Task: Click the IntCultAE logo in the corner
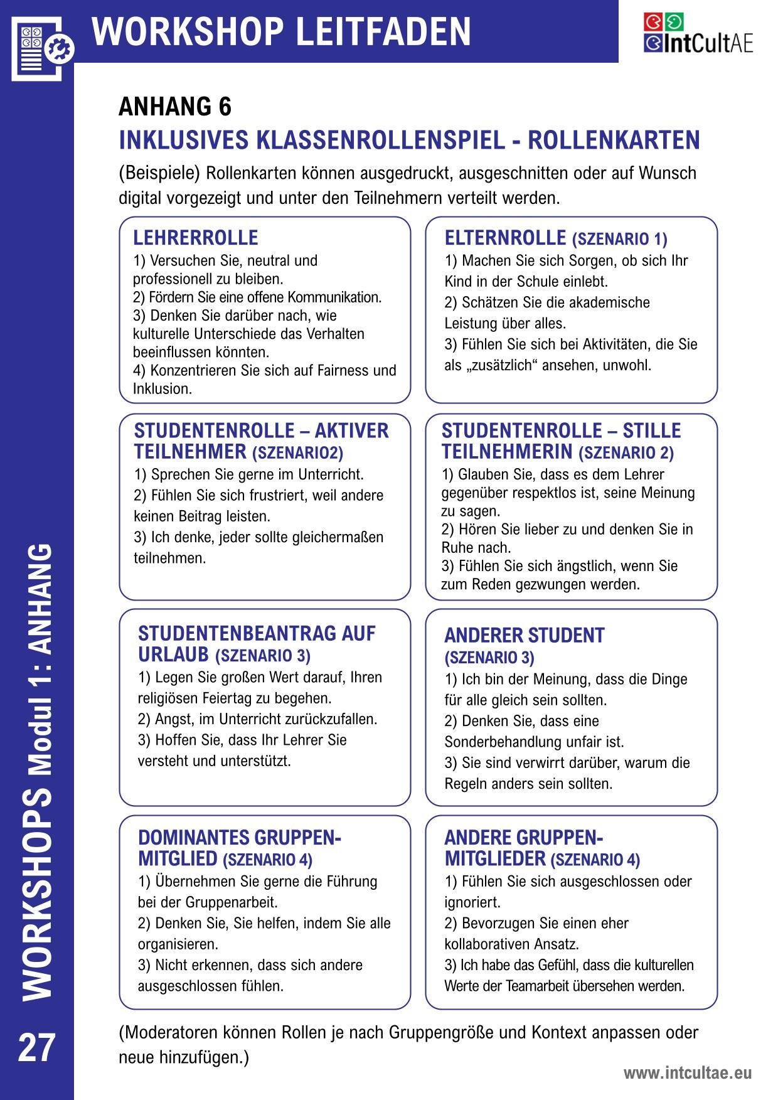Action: pos(698,33)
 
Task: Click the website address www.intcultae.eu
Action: pos(687,1073)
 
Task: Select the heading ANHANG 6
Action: pos(175,107)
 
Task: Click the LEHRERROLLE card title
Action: pos(195,238)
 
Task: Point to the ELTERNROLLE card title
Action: pos(505,238)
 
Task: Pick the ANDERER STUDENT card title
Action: pos(524,635)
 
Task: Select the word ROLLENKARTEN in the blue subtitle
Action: pos(613,140)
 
